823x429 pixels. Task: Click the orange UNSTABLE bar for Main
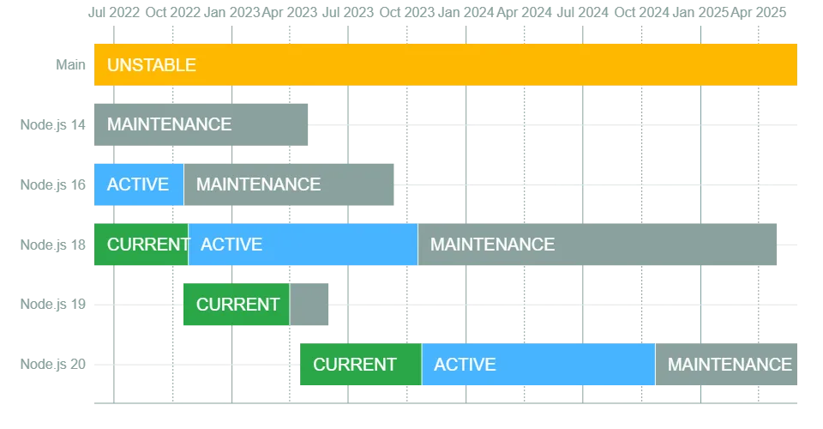pyautogui.click(x=446, y=64)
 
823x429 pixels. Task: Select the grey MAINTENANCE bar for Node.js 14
pyautogui.click(x=201, y=124)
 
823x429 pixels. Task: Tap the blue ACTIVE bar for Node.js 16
pyautogui.click(x=139, y=184)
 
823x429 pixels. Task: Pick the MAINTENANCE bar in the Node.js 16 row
pyautogui.click(x=289, y=184)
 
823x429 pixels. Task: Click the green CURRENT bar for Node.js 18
pyautogui.click(x=141, y=245)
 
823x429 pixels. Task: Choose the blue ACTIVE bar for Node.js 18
pyautogui.click(x=303, y=245)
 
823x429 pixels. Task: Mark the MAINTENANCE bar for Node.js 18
pyautogui.click(x=598, y=245)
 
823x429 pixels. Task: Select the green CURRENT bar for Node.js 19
pyautogui.click(x=237, y=305)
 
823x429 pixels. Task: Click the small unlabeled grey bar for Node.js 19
pyautogui.click(x=309, y=305)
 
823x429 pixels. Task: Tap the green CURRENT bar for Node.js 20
pyautogui.click(x=361, y=365)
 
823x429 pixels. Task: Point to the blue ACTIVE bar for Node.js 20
pyautogui.click(x=538, y=365)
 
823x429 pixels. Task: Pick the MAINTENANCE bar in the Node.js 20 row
pyautogui.click(x=726, y=365)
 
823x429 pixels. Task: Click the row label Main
pyautogui.click(x=70, y=64)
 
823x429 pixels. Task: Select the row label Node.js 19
pyautogui.click(x=52, y=305)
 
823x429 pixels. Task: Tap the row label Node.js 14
pyautogui.click(x=52, y=125)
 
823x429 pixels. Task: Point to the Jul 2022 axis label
pyautogui.click(x=114, y=12)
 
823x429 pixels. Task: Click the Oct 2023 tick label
pyautogui.click(x=406, y=12)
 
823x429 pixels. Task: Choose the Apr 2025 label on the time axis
pyautogui.click(x=759, y=12)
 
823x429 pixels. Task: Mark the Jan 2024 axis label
pyautogui.click(x=466, y=12)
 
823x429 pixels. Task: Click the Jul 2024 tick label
pyautogui.click(x=583, y=12)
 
